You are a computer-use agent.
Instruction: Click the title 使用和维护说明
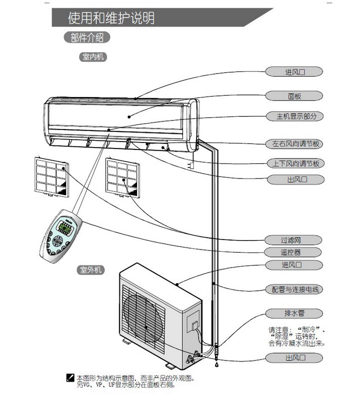coord(111,18)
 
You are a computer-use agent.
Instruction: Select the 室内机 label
coord(92,57)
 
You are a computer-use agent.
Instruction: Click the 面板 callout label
coord(294,95)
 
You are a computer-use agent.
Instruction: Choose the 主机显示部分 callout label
coord(294,116)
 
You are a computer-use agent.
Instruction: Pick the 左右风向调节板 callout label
coord(294,144)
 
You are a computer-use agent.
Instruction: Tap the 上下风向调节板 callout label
coord(294,163)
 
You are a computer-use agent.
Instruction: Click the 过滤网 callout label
coord(294,240)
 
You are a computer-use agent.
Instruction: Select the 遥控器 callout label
coord(294,252)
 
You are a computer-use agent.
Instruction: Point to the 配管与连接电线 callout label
coord(294,289)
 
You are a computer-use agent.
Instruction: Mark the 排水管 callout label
coord(294,313)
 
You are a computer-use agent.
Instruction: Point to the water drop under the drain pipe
coord(216,365)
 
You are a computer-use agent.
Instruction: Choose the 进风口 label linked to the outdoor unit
coord(294,264)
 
